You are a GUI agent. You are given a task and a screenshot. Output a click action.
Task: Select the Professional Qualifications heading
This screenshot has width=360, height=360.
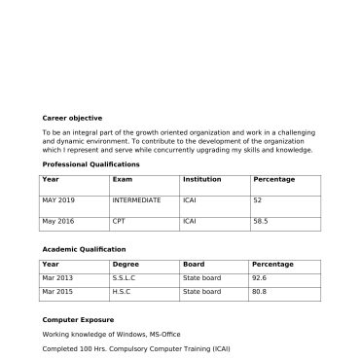[91, 164]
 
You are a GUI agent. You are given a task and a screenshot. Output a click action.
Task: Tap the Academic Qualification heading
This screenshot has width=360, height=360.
[84, 249]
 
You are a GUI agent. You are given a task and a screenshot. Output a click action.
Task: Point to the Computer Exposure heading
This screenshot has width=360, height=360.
[78, 319]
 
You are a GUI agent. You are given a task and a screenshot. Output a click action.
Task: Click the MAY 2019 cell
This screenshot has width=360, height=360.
[58, 199]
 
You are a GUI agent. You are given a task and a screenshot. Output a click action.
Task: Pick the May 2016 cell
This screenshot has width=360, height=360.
[58, 221]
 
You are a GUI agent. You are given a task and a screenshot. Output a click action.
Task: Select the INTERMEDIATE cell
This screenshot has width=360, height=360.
[136, 199]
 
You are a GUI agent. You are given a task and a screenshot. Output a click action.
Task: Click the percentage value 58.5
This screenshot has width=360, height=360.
[260, 221]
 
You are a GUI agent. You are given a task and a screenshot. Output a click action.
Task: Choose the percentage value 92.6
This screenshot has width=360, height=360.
[259, 278]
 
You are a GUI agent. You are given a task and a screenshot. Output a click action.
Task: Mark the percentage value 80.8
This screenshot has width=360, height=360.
[259, 292]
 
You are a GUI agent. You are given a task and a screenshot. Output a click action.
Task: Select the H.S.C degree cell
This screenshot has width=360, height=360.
[123, 292]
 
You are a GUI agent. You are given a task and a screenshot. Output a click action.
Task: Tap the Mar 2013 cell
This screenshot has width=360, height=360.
[57, 278]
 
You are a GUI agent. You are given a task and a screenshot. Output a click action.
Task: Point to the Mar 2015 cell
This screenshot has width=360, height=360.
[57, 292]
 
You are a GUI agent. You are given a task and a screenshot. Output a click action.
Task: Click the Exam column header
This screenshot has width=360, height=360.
[123, 180]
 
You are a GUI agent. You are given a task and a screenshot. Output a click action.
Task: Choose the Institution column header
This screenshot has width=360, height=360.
[201, 180]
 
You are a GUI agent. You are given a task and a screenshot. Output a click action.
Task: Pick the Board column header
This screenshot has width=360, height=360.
[193, 265]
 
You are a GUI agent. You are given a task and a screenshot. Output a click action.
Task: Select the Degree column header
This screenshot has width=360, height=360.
[126, 265]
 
